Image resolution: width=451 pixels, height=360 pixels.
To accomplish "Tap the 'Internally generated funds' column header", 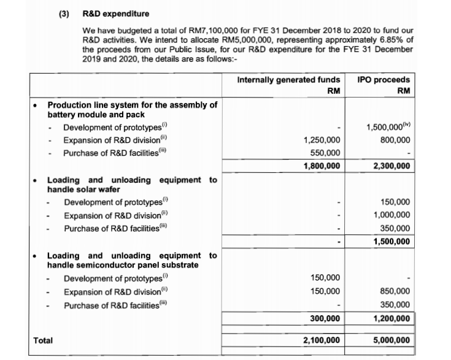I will tap(288, 80).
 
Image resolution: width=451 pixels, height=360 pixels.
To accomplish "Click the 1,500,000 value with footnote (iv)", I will tap(387, 127).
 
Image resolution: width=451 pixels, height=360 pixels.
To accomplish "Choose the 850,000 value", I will tap(396, 291).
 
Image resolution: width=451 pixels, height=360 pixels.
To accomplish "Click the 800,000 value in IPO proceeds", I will tap(396, 140).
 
